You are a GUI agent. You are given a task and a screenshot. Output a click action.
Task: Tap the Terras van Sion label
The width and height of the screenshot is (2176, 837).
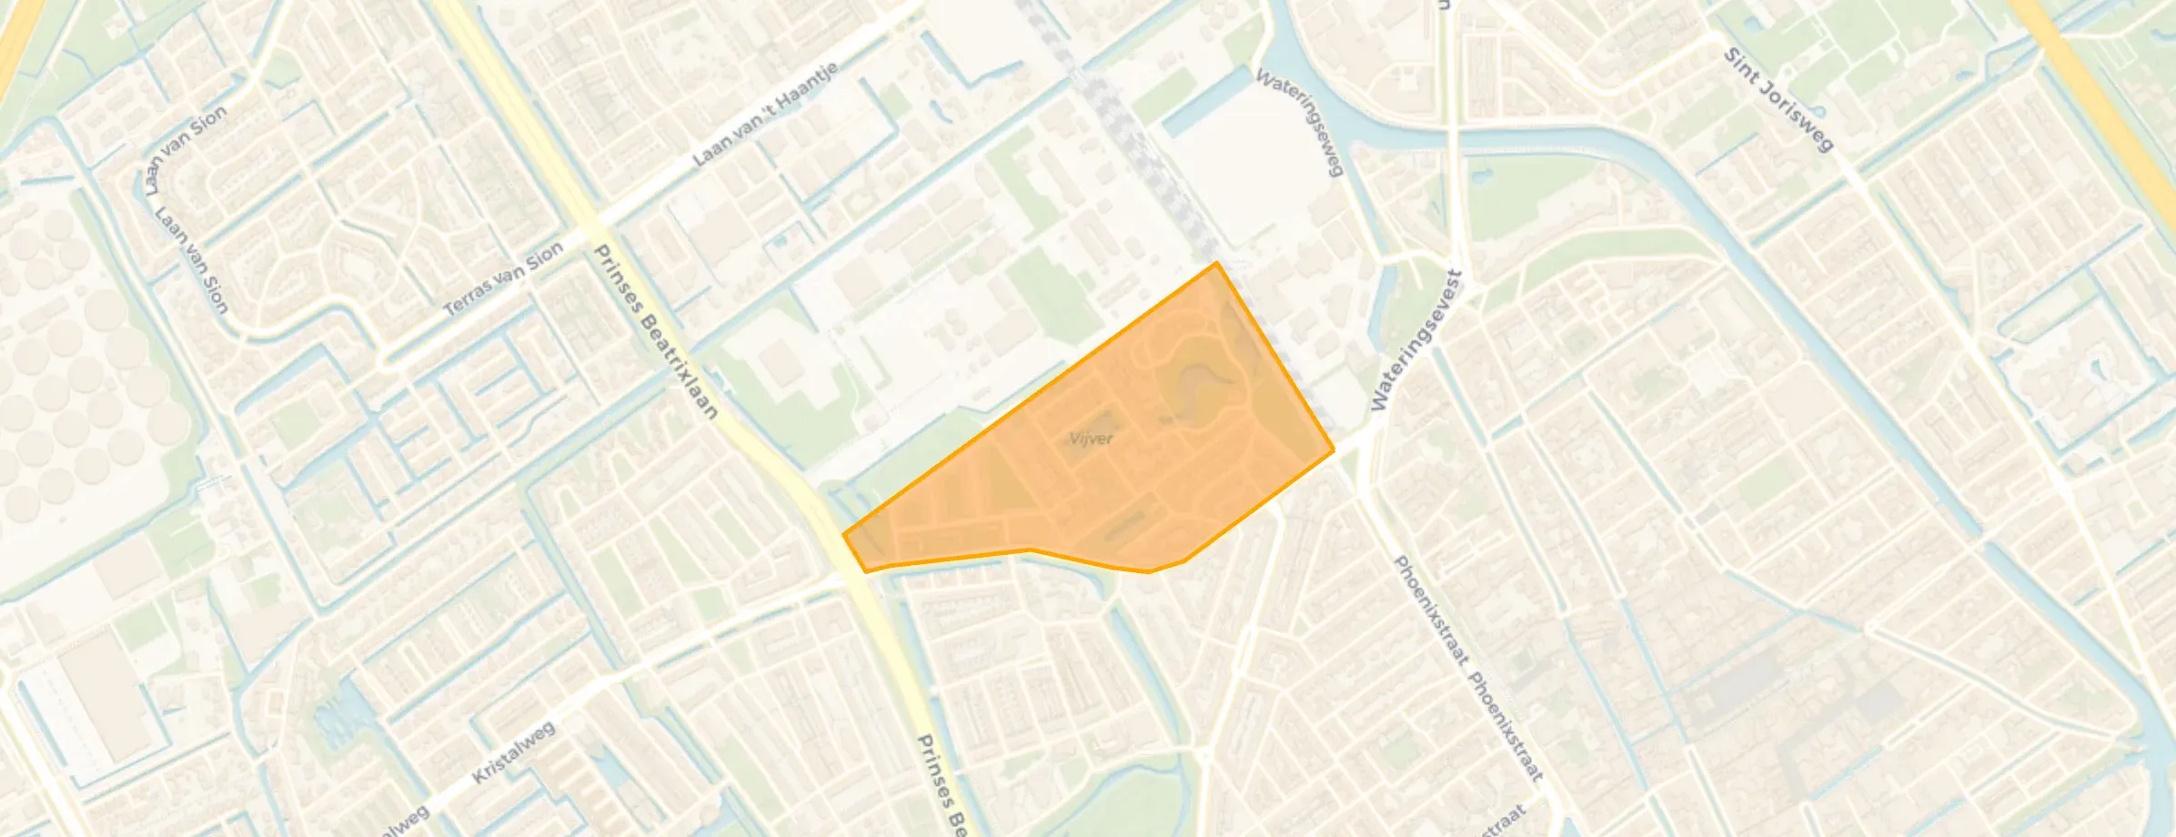pos(503,280)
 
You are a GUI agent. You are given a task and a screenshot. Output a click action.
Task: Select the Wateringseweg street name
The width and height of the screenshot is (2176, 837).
pos(1300,122)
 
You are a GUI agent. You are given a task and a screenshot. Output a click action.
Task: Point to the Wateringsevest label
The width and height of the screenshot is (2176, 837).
pos(1415,340)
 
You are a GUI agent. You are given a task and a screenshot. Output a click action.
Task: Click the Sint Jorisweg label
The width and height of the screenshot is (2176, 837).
pos(1778,99)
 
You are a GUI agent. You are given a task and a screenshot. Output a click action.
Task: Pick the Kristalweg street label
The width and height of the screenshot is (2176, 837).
pos(513,753)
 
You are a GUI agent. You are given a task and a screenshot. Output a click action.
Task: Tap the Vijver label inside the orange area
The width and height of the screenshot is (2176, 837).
pos(1091,439)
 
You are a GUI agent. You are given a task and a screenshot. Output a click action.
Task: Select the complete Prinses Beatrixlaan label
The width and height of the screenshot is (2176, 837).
pos(655,331)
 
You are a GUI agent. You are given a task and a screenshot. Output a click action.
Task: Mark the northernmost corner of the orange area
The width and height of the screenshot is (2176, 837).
pos(1217,263)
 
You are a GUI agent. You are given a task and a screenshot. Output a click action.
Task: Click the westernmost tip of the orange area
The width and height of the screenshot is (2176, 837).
pos(844,535)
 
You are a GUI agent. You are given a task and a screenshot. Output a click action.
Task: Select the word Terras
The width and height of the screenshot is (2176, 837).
pos(468,297)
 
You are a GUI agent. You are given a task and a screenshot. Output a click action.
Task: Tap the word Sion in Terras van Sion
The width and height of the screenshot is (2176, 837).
pos(544,258)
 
